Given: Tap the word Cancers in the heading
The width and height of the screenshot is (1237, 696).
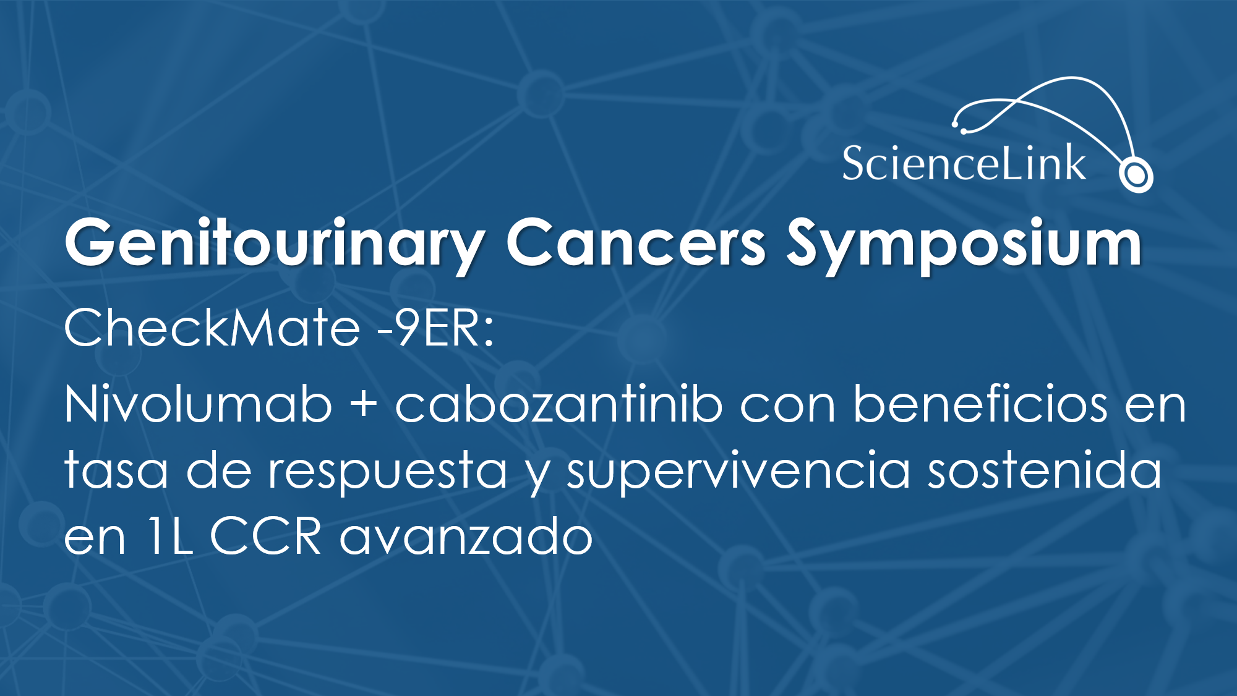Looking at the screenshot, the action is [x=636, y=242].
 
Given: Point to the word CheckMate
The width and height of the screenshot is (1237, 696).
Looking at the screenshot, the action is [x=212, y=327].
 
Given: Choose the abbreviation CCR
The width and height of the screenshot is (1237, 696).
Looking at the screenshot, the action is [x=266, y=536].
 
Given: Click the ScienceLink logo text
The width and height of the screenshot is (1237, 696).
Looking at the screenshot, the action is [x=964, y=163].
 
